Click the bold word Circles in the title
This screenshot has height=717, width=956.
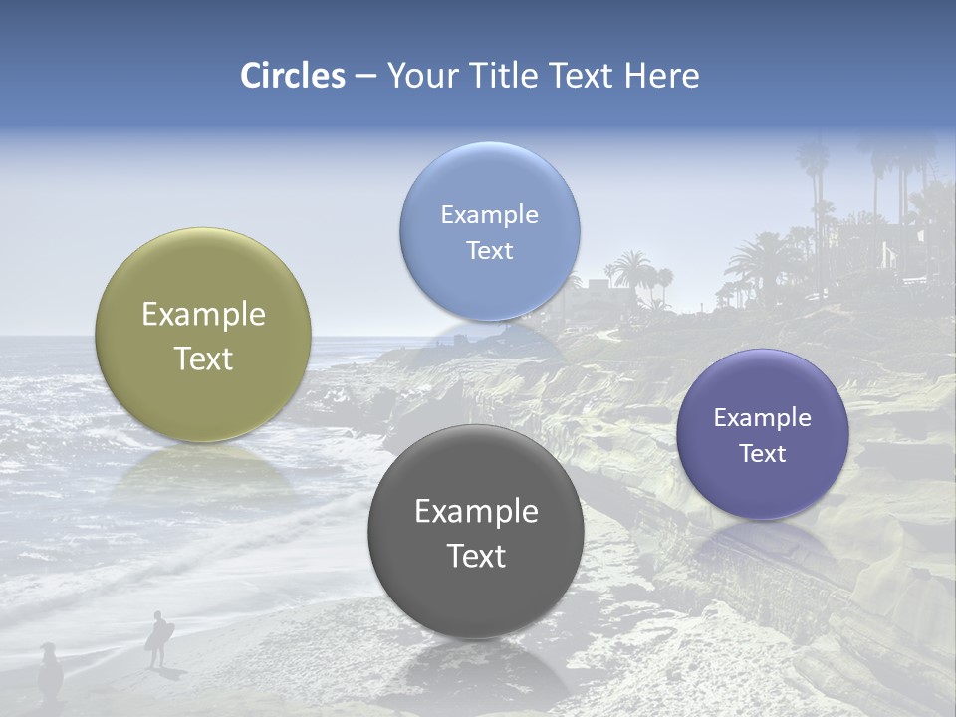[x=293, y=76]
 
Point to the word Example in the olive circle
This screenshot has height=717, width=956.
[x=203, y=315]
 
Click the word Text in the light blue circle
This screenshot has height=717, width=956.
[x=489, y=251]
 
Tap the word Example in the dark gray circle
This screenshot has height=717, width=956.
[x=476, y=512]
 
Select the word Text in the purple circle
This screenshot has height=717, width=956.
[x=762, y=454]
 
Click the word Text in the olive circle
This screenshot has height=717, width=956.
[x=203, y=358]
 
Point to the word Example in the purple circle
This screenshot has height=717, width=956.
[x=762, y=418]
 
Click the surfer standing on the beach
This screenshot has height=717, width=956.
[x=157, y=637]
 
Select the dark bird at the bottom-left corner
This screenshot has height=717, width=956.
[x=50, y=671]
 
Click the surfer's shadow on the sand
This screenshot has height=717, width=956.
[x=172, y=674]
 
